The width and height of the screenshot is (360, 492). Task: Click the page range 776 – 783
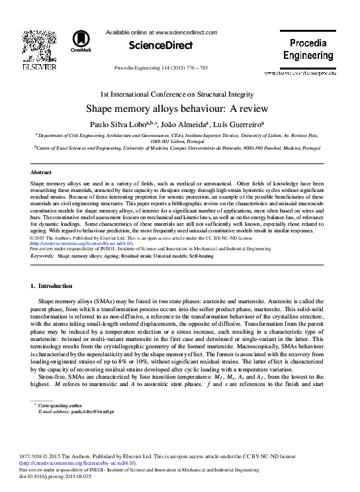pos(201,68)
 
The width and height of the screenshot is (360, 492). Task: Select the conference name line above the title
pos(179,93)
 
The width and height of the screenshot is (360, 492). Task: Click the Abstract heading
pos(41,171)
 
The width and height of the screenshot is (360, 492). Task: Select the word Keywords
pos(42,254)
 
